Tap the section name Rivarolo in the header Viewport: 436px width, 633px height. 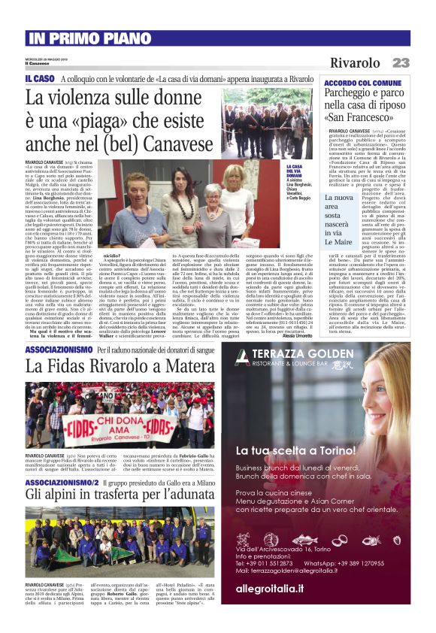(355, 62)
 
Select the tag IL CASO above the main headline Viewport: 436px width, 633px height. (39, 79)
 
